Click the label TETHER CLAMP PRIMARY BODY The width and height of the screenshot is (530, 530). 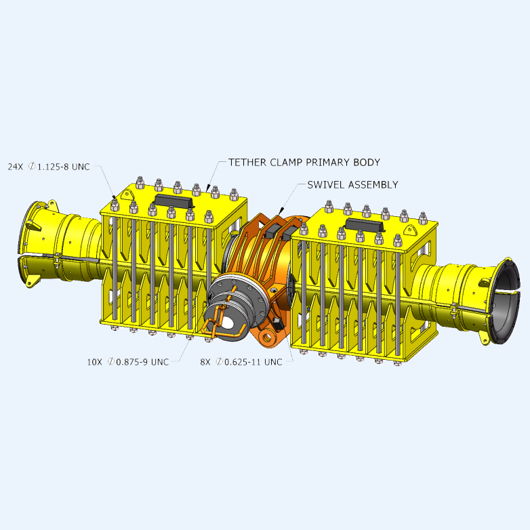point(304,163)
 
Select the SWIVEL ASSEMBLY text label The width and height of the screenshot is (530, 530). point(352,184)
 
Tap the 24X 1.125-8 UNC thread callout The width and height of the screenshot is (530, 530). point(49,167)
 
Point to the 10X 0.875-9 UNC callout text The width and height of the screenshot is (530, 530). point(127,362)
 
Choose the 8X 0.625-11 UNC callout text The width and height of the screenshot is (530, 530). point(241,362)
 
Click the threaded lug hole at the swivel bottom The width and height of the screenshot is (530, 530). point(266,335)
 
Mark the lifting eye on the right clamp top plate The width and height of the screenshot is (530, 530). point(410,231)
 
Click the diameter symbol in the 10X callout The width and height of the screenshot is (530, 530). point(110,362)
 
